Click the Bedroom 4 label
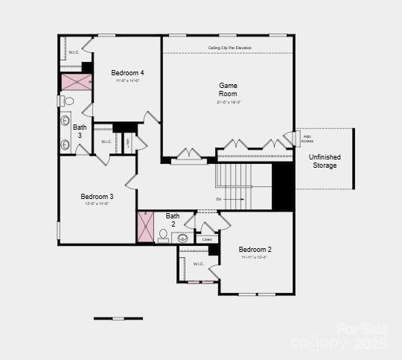(127, 72)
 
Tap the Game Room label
(228, 89)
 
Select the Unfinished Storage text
(324, 161)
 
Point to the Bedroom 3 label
(97, 197)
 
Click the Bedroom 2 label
(255, 249)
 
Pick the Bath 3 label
(80, 131)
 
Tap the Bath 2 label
(173, 220)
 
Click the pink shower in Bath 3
(76, 82)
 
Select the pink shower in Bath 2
(145, 227)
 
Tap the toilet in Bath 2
(163, 236)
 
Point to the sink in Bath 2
(182, 239)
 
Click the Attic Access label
(307, 139)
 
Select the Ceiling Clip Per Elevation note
(229, 48)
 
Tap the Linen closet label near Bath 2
(207, 239)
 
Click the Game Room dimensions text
(228, 102)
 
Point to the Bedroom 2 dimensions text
(254, 257)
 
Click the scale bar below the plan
(118, 318)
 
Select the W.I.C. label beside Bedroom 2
(199, 264)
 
